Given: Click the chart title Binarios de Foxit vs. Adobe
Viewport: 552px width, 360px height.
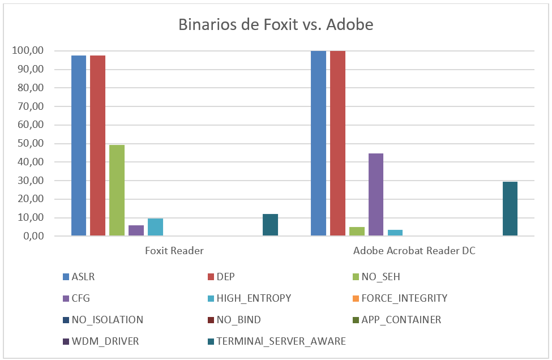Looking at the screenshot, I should coord(276,25).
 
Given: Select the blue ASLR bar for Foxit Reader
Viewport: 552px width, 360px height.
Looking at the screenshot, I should coord(79,145).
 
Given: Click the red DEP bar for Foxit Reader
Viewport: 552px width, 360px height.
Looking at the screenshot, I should coord(97,145).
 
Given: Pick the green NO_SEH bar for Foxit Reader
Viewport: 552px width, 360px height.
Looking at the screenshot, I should coord(117,190).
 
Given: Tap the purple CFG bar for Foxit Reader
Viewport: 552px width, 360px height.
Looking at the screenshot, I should coord(136,230).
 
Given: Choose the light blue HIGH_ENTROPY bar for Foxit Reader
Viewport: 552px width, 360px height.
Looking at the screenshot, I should coord(155,227).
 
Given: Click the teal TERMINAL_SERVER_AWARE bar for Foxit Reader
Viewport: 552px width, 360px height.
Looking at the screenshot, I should coord(270,225).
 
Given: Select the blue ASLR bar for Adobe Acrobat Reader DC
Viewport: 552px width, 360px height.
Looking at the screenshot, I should coord(318,143).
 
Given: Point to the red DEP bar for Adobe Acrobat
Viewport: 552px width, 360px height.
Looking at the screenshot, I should coord(337,143).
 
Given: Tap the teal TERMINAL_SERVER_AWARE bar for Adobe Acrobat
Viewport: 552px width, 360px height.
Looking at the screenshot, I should coord(510,209).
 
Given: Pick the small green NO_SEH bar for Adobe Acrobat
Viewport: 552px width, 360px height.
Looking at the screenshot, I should coord(357,232).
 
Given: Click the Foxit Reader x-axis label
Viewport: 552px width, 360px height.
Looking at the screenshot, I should coord(174,251).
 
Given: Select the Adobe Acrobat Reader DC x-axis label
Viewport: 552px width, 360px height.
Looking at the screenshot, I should coord(414,251).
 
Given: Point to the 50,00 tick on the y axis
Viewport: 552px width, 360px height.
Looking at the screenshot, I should coord(28,144).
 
